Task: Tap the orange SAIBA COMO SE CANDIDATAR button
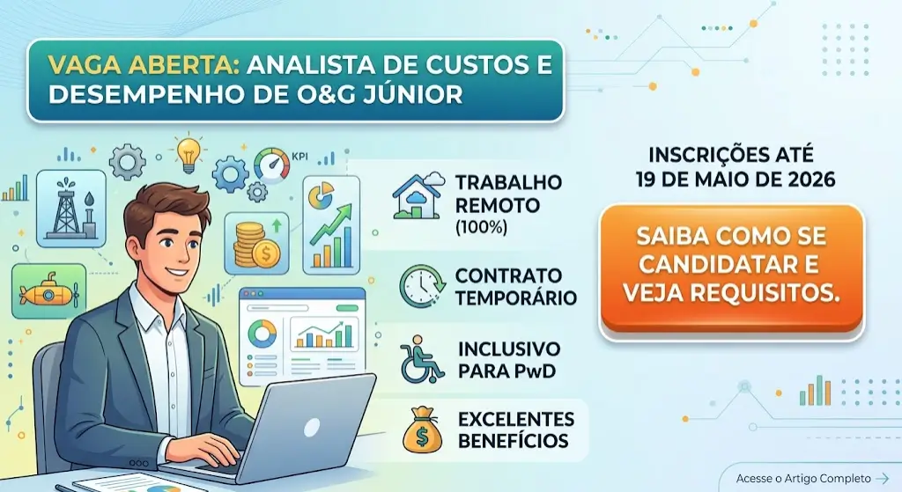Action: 730,266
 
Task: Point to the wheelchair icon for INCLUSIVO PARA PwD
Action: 421,357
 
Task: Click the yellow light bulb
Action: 189,152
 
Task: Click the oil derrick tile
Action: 71,204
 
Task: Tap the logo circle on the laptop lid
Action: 314,427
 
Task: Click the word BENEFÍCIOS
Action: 513,439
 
